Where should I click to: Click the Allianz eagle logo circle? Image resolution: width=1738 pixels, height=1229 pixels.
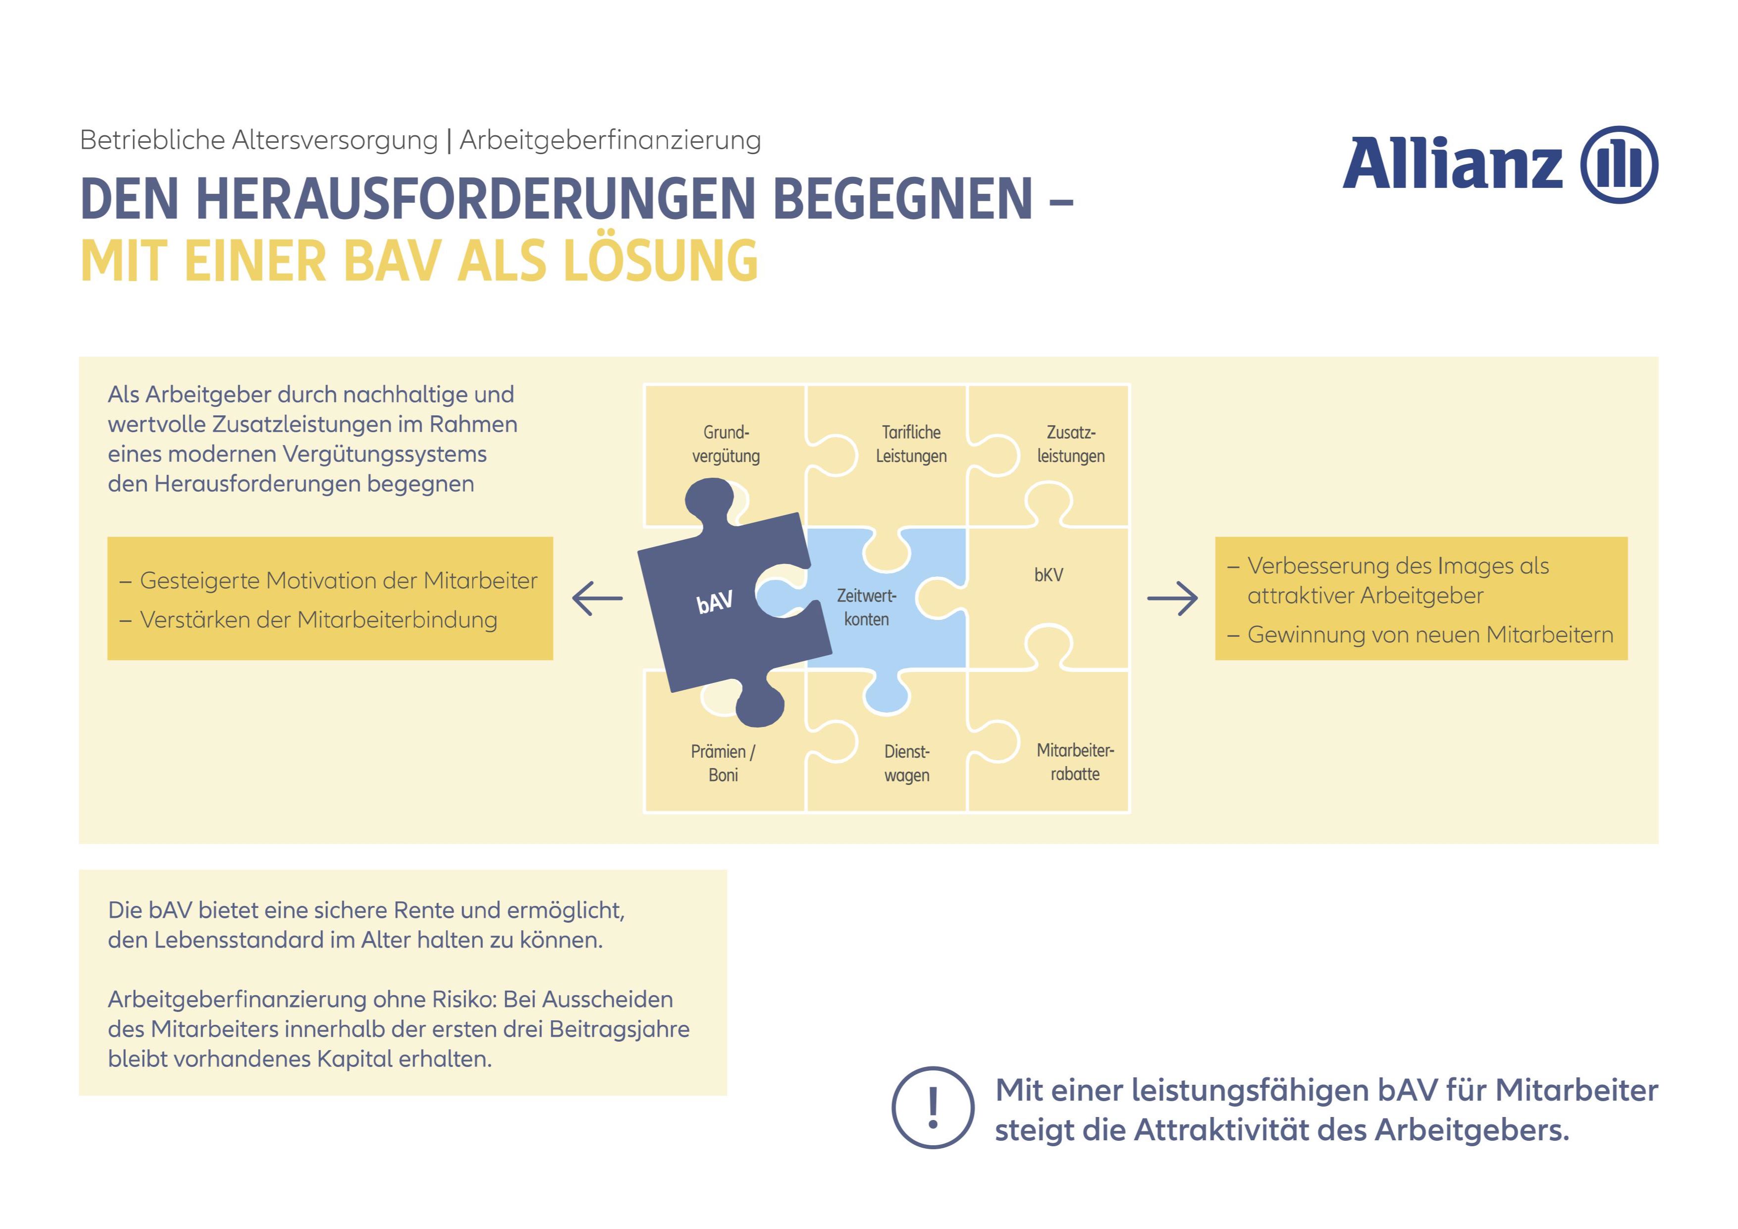pyautogui.click(x=1619, y=165)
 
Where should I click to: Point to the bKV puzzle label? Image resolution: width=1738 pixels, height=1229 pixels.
pyautogui.click(x=1049, y=575)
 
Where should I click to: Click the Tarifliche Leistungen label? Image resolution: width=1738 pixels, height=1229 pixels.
pyautogui.click(x=911, y=444)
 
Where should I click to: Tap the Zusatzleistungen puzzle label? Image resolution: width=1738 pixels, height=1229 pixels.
pyautogui.click(x=1070, y=444)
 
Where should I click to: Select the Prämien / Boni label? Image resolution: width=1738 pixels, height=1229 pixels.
pyautogui.click(x=723, y=763)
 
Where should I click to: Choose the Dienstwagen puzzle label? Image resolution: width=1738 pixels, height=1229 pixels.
pyautogui.click(x=907, y=763)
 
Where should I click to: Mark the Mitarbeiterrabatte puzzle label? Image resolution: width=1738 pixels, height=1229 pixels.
pyautogui.click(x=1075, y=762)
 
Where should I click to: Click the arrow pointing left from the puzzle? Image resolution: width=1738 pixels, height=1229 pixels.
pyautogui.click(x=597, y=598)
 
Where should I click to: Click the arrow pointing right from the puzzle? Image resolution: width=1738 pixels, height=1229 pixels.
pyautogui.click(x=1172, y=598)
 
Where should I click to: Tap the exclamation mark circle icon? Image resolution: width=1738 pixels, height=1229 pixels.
pyautogui.click(x=933, y=1108)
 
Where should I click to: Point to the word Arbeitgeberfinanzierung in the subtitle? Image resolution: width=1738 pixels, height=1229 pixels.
pyautogui.click(x=610, y=140)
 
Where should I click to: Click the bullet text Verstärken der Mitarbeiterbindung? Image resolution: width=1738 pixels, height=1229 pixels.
pyautogui.click(x=318, y=619)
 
